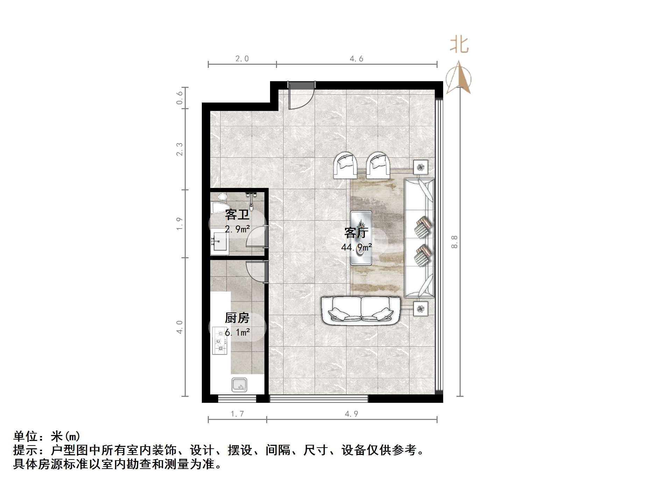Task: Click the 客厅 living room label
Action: tap(356, 233)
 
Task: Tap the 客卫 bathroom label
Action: tap(237, 215)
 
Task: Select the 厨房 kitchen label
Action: tap(237, 318)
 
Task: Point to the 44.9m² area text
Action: tap(356, 247)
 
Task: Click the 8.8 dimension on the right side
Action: tap(454, 241)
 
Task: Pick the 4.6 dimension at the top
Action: tap(356, 59)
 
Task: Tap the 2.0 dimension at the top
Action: tap(242, 59)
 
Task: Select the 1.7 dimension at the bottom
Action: tap(237, 414)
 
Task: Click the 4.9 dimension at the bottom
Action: tap(352, 414)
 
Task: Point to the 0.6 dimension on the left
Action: tap(179, 98)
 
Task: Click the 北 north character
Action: tap(459, 45)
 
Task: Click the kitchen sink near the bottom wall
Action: tap(239, 385)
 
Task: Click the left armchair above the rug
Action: tap(346, 165)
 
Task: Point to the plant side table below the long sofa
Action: tap(420, 309)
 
